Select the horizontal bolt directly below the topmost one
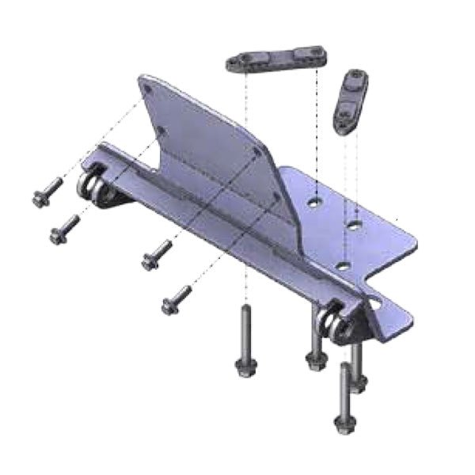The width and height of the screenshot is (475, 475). (x=63, y=229)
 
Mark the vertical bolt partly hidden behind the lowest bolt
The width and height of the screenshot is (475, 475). (x=359, y=380)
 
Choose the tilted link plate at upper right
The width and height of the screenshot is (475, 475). (x=348, y=102)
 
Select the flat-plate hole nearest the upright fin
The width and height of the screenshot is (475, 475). (x=314, y=201)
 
